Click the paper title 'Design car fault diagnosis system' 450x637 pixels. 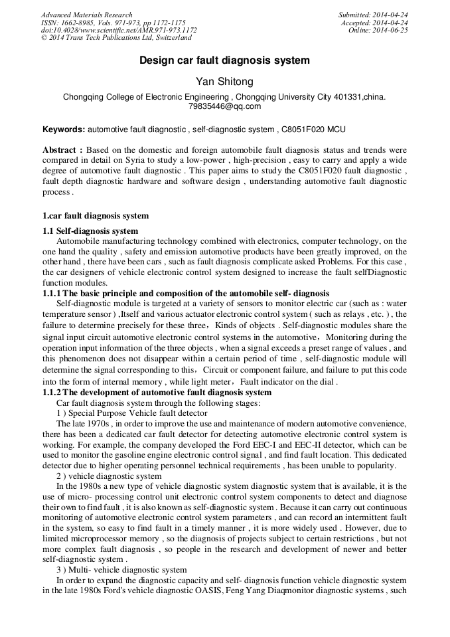click(x=224, y=60)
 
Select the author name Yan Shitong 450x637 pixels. click(x=224, y=82)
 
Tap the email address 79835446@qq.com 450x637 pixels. click(x=224, y=106)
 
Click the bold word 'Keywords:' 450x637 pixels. click(x=64, y=129)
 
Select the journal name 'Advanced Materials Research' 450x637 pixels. click(x=86, y=15)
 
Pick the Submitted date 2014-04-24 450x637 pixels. click(x=390, y=15)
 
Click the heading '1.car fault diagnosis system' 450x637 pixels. click(x=96, y=216)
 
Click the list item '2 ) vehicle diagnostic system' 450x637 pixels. click(x=109, y=476)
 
